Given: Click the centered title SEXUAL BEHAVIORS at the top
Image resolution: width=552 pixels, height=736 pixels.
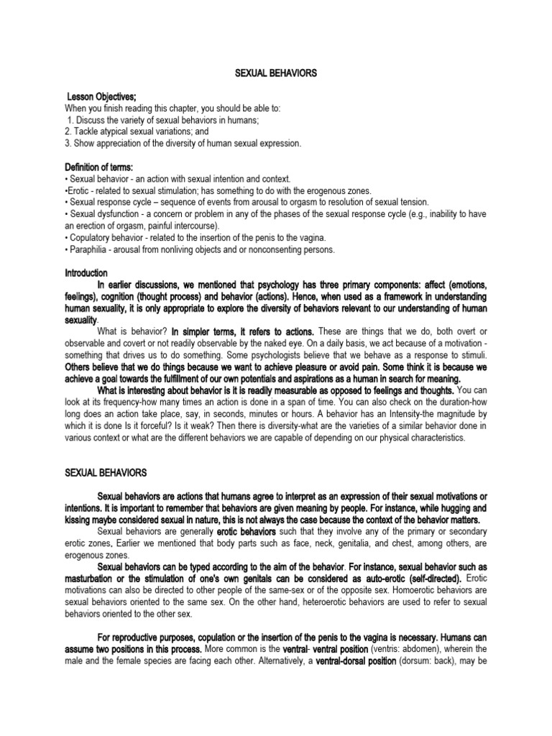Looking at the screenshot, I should tap(276, 73).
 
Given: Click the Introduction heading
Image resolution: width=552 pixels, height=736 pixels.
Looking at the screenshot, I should tap(86, 273).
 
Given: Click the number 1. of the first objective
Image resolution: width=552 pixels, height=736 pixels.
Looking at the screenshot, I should tap(70, 120).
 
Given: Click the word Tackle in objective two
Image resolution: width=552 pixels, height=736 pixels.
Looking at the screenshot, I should tap(89, 132).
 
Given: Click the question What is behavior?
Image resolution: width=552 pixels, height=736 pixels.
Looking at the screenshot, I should tap(132, 331).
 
